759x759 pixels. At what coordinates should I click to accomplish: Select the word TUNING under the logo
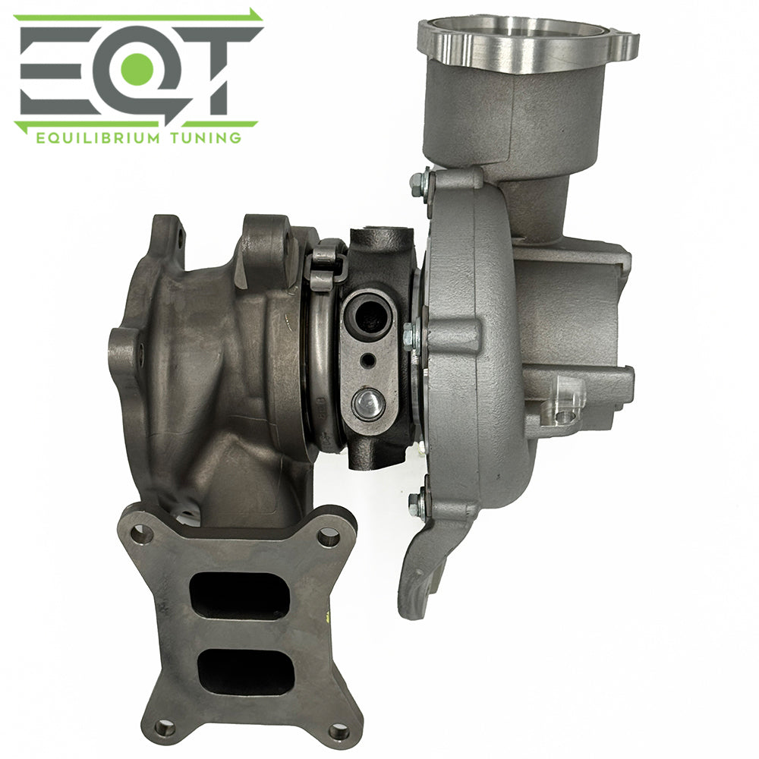(x=200, y=137)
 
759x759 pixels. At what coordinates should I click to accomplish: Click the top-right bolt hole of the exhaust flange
(x=328, y=537)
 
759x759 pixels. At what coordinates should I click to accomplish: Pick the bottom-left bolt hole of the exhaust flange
(x=164, y=727)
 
